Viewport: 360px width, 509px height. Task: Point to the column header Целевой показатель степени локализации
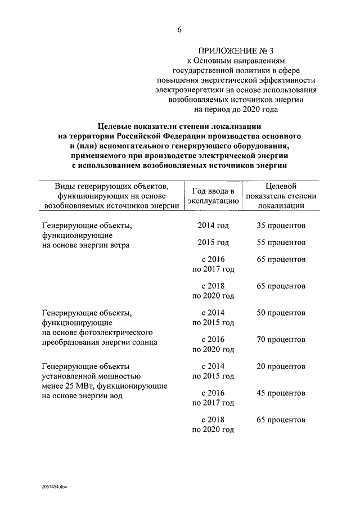pos(281,196)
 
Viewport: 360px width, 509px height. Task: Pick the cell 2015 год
pos(213,242)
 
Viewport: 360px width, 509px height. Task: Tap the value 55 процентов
pos(281,242)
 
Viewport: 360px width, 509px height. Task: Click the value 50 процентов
pos(281,312)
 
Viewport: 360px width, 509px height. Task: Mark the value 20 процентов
pos(281,366)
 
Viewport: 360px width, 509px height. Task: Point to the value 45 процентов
pos(281,393)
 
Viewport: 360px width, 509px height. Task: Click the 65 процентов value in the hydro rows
pos(281,420)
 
